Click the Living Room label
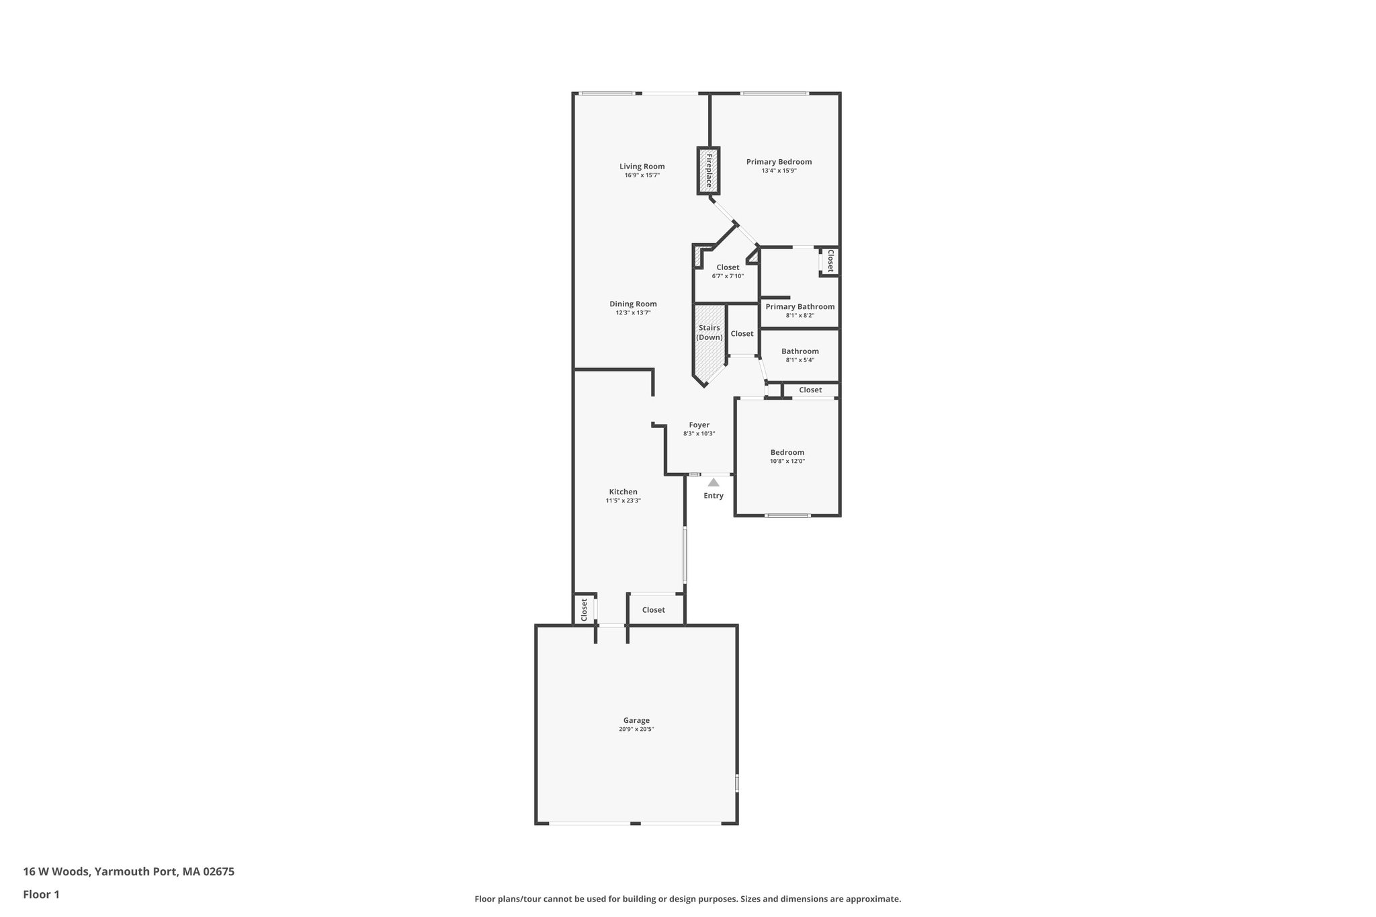[x=642, y=167]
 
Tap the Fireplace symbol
[x=708, y=171]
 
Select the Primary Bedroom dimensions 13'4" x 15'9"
[x=779, y=171]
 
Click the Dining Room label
[x=633, y=304]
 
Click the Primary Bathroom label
[x=800, y=306]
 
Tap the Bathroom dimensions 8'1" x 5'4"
[x=800, y=360]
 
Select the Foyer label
[x=699, y=425]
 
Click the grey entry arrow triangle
[x=714, y=482]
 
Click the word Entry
[x=714, y=496]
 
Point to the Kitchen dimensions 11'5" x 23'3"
[x=623, y=501]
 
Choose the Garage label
[x=636, y=720]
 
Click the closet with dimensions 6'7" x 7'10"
[x=728, y=271]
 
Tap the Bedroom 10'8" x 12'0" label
[x=787, y=452]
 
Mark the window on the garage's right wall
[x=737, y=783]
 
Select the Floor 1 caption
[x=41, y=894]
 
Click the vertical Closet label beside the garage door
[x=584, y=609]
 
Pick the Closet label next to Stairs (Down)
[x=742, y=333]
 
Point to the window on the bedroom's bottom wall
[x=787, y=515]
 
